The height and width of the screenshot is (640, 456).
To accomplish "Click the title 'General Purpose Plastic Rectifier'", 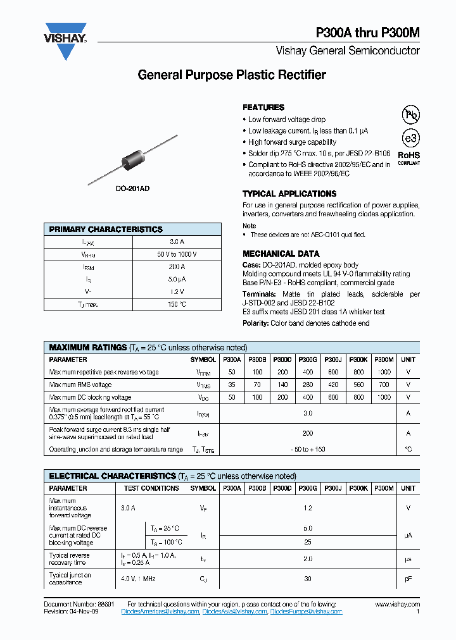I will tap(232, 75).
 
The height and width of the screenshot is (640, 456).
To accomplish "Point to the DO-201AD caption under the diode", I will tap(132, 189).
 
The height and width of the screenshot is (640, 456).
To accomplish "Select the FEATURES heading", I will tap(263, 108).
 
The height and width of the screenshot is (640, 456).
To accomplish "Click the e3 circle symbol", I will tap(411, 138).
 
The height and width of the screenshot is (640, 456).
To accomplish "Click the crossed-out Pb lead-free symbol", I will tap(411, 114).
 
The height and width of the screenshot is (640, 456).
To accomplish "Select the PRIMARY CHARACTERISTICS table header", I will tap(106, 230).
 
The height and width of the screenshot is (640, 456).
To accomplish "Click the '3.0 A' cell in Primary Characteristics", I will tap(177, 242).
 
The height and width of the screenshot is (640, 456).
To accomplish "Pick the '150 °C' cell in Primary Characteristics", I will tap(177, 304).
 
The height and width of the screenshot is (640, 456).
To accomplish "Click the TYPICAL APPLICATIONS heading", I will tap(289, 194).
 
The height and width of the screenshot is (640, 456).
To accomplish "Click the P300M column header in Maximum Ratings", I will tap(384, 359).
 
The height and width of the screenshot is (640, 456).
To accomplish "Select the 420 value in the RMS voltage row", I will tap(333, 385).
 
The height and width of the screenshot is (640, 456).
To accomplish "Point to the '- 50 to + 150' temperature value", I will tap(308, 449).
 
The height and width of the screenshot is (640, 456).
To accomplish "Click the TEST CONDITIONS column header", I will tap(151, 488).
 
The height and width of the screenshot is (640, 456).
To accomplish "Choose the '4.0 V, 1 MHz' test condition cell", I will tap(138, 579).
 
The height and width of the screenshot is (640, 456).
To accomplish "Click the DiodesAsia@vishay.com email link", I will tap(235, 612).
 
